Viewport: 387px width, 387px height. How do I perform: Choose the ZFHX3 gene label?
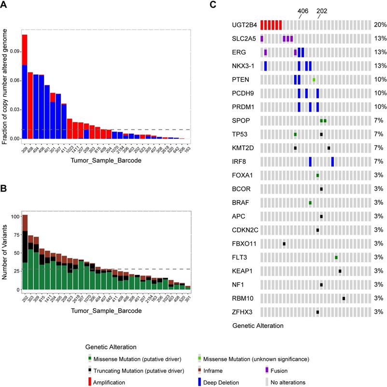point(242,312)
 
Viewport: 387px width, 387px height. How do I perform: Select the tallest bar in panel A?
point(25,87)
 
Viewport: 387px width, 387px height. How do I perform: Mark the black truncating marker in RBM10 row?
point(344,298)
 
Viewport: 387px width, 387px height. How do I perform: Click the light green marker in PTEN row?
point(314,79)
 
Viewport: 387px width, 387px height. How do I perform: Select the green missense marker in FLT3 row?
point(336,257)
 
